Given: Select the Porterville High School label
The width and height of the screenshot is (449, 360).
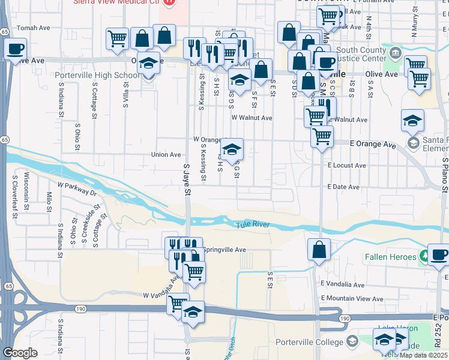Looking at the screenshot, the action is coord(97,75).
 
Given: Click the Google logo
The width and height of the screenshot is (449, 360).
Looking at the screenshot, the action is coord(20,353).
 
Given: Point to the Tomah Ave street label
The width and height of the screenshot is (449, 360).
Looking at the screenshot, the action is coord(34,28).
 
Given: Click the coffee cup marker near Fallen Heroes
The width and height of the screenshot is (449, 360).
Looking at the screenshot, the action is coord(438,254).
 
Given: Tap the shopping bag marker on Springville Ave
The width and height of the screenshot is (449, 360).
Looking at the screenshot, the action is coord(319,249).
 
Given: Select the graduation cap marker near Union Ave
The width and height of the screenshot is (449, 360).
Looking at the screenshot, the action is coord(232,149).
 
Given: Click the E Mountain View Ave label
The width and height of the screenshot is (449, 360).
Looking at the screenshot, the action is coord(352,298).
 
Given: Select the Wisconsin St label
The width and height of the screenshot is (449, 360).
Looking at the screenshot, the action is coord(27,191).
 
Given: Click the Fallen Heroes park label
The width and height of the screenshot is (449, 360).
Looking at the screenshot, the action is coord(390,257).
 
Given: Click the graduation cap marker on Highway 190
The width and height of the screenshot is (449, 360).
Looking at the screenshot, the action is coord(193,312).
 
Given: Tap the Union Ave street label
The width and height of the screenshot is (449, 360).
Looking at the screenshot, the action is coord(166,154).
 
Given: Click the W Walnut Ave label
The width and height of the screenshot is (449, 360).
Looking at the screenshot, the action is coord(252,118).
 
